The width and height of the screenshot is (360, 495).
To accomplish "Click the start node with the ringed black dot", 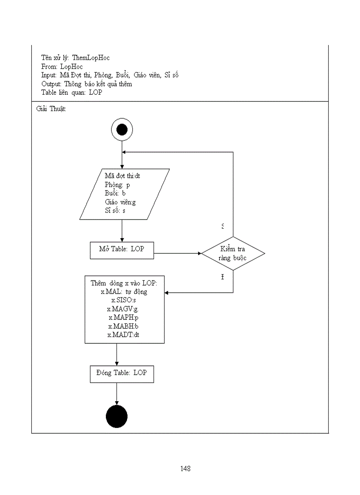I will [121, 130].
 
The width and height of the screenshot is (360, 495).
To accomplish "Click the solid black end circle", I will [117, 417].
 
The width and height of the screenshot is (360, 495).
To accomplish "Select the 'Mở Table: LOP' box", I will [121, 249].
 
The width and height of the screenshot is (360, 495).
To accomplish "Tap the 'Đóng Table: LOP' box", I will [122, 373].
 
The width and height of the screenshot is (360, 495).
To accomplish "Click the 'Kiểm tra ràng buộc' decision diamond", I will [233, 253].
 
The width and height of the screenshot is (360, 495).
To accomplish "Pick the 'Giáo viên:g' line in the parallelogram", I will [120, 202].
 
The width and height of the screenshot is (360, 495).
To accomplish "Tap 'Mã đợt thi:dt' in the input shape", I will [123, 176].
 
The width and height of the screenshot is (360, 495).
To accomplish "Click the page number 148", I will [185, 469].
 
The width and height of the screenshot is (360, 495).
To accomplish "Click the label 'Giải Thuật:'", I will [51, 109].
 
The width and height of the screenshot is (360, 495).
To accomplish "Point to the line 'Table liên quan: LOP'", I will [71, 93].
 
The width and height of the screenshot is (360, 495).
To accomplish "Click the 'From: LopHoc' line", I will [62, 67].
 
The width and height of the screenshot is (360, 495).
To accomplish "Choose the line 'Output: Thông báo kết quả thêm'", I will [86, 84].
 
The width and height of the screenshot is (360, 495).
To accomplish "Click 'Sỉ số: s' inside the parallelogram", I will [115, 211].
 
